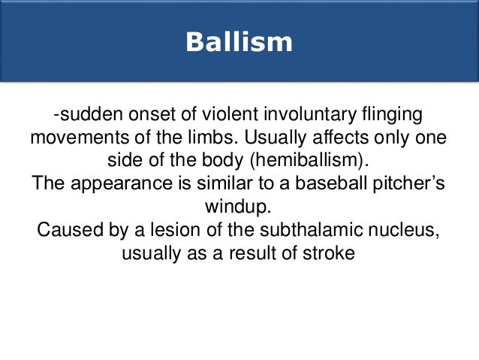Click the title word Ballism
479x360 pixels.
coord(239,41)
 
